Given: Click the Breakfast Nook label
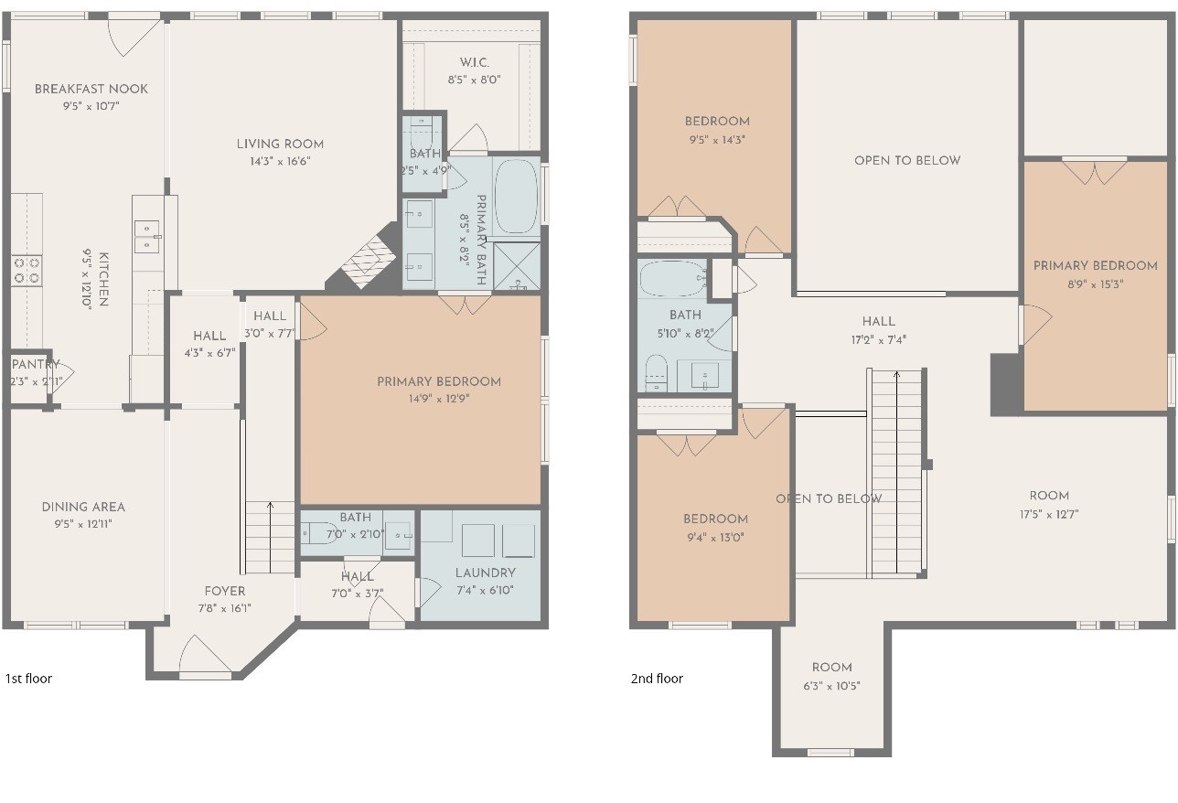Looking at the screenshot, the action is (91, 89).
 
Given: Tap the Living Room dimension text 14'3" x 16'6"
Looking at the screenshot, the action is (280, 161).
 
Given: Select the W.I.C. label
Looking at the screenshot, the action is (475, 62).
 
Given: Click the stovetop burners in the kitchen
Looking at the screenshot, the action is (27, 270).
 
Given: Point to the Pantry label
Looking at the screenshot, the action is (36, 364).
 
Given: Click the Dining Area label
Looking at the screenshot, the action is (83, 507).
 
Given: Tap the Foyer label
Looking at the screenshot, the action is (225, 591).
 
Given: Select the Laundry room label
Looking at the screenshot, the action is (485, 573).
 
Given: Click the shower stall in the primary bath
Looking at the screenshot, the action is (517, 266).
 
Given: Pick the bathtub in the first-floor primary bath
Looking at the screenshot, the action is (517, 196).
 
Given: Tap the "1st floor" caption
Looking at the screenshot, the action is (28, 679).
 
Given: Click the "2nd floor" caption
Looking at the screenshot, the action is (657, 679).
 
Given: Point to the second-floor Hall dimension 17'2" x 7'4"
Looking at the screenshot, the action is (879, 339).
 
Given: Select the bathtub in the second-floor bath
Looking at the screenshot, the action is (673, 278).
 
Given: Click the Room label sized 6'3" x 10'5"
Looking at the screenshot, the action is (832, 668).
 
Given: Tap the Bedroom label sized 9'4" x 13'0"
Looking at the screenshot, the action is (716, 519).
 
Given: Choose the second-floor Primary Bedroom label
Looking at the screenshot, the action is (1096, 265).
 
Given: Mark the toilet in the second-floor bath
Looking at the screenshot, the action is (656, 373).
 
